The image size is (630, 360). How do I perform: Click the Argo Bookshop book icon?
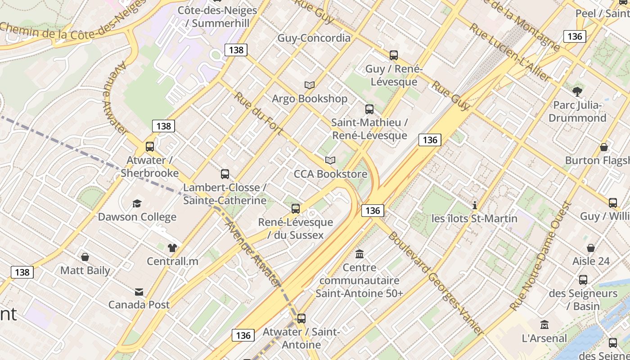[309, 85]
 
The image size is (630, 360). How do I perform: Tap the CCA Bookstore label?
[330, 174]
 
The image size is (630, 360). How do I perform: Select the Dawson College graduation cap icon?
[137, 204]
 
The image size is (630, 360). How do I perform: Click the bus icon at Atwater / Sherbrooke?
[150, 147]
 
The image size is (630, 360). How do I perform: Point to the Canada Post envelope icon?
[139, 292]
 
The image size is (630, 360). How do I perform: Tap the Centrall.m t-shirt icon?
[172, 248]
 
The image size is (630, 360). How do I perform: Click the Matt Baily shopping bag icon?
[85, 257]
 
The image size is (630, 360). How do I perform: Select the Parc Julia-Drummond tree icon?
[577, 92]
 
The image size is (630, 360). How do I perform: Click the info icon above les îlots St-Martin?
[474, 206]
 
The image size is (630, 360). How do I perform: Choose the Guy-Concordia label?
[314, 38]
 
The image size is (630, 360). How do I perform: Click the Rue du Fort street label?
[258, 113]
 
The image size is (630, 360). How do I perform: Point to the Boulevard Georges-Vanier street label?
[435, 284]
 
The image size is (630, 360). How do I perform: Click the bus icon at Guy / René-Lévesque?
[394, 55]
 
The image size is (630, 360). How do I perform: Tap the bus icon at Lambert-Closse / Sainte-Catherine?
[225, 174]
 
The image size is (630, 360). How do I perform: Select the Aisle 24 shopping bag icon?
[591, 248]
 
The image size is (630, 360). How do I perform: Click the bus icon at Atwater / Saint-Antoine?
[301, 319]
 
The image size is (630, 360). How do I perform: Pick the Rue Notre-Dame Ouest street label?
[540, 256]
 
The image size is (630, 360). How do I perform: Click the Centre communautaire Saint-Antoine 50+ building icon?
[359, 254]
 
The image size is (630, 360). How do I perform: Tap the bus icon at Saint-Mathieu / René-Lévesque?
[369, 109]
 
